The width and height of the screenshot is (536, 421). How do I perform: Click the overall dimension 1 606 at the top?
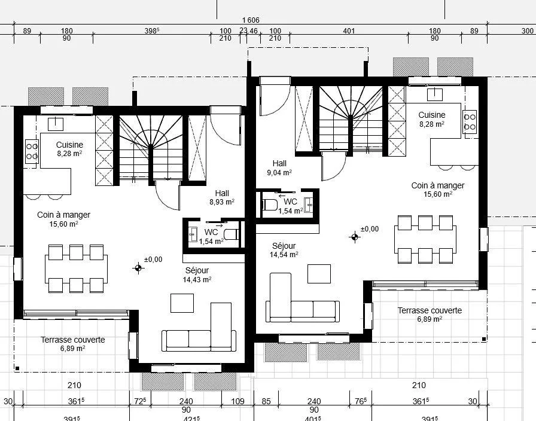(251, 20)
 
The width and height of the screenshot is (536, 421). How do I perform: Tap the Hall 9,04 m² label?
(279, 168)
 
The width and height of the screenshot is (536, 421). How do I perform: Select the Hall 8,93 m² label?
(222, 197)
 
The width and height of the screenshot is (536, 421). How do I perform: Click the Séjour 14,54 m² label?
(284, 250)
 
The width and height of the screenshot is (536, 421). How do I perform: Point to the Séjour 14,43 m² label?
(197, 275)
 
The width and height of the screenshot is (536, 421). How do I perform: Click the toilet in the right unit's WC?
(270, 205)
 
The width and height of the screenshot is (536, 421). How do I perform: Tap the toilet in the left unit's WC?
(232, 234)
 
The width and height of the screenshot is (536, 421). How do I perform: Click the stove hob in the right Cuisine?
(470, 122)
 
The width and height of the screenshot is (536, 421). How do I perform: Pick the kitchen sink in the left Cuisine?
(56, 124)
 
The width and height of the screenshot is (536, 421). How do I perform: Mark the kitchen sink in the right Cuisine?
(435, 94)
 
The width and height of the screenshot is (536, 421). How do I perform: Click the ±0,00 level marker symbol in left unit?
(138, 269)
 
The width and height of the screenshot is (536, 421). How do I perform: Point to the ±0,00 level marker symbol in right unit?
(355, 237)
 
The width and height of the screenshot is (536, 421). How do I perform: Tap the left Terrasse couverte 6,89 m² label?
(73, 344)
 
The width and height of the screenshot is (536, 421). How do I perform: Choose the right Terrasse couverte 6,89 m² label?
(430, 315)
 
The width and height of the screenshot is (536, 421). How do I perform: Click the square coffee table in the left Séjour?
(182, 303)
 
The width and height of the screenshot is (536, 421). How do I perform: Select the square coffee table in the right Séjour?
(319, 274)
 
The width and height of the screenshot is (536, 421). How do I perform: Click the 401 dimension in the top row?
(349, 31)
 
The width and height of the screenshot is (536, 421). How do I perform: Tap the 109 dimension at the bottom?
(237, 401)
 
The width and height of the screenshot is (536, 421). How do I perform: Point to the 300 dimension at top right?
(528, 31)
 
